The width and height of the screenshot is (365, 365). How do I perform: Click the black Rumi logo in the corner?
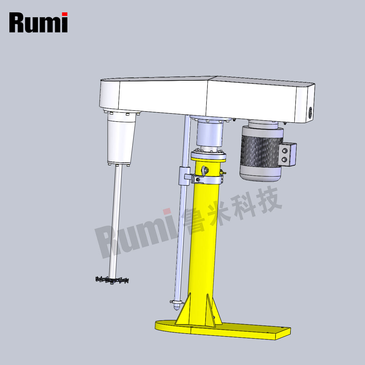[x=38, y=22]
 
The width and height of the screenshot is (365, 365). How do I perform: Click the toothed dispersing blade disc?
[x=112, y=279]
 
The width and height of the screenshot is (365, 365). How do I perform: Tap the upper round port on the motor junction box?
[x=285, y=151]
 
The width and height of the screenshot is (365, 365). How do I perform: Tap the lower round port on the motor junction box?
[x=285, y=159]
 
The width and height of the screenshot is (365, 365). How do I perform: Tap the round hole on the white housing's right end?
[x=310, y=112]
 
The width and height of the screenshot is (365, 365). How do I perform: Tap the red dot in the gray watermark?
[x=167, y=212]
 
